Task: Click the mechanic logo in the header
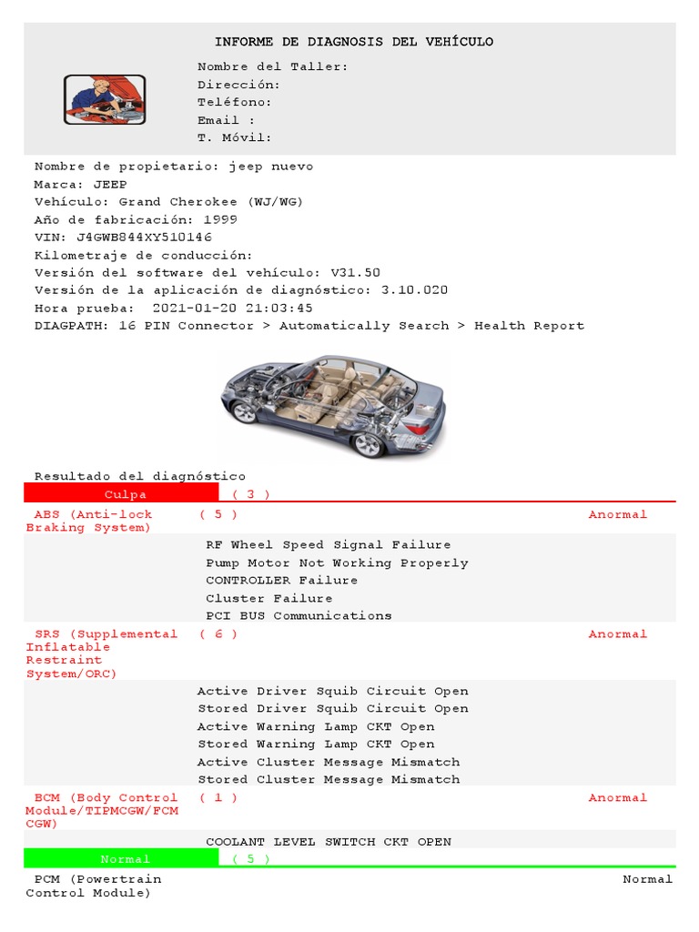(105, 99)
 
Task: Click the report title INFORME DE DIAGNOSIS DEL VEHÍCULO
(354, 42)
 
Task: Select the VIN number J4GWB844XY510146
(151, 238)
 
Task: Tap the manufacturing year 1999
(222, 219)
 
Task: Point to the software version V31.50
(355, 273)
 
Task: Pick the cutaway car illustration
(333, 404)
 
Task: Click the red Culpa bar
(122, 494)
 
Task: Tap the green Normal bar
(122, 859)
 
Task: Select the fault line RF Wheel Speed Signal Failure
(328, 545)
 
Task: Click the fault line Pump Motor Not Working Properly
(337, 563)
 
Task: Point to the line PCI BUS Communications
(299, 616)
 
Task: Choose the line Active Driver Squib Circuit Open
(332, 692)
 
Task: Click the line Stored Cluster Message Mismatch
(329, 780)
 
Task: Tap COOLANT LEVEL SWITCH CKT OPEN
(329, 842)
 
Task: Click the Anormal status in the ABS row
(618, 515)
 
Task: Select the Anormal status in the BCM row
(618, 798)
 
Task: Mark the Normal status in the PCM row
(648, 880)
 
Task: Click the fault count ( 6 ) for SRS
(218, 634)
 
